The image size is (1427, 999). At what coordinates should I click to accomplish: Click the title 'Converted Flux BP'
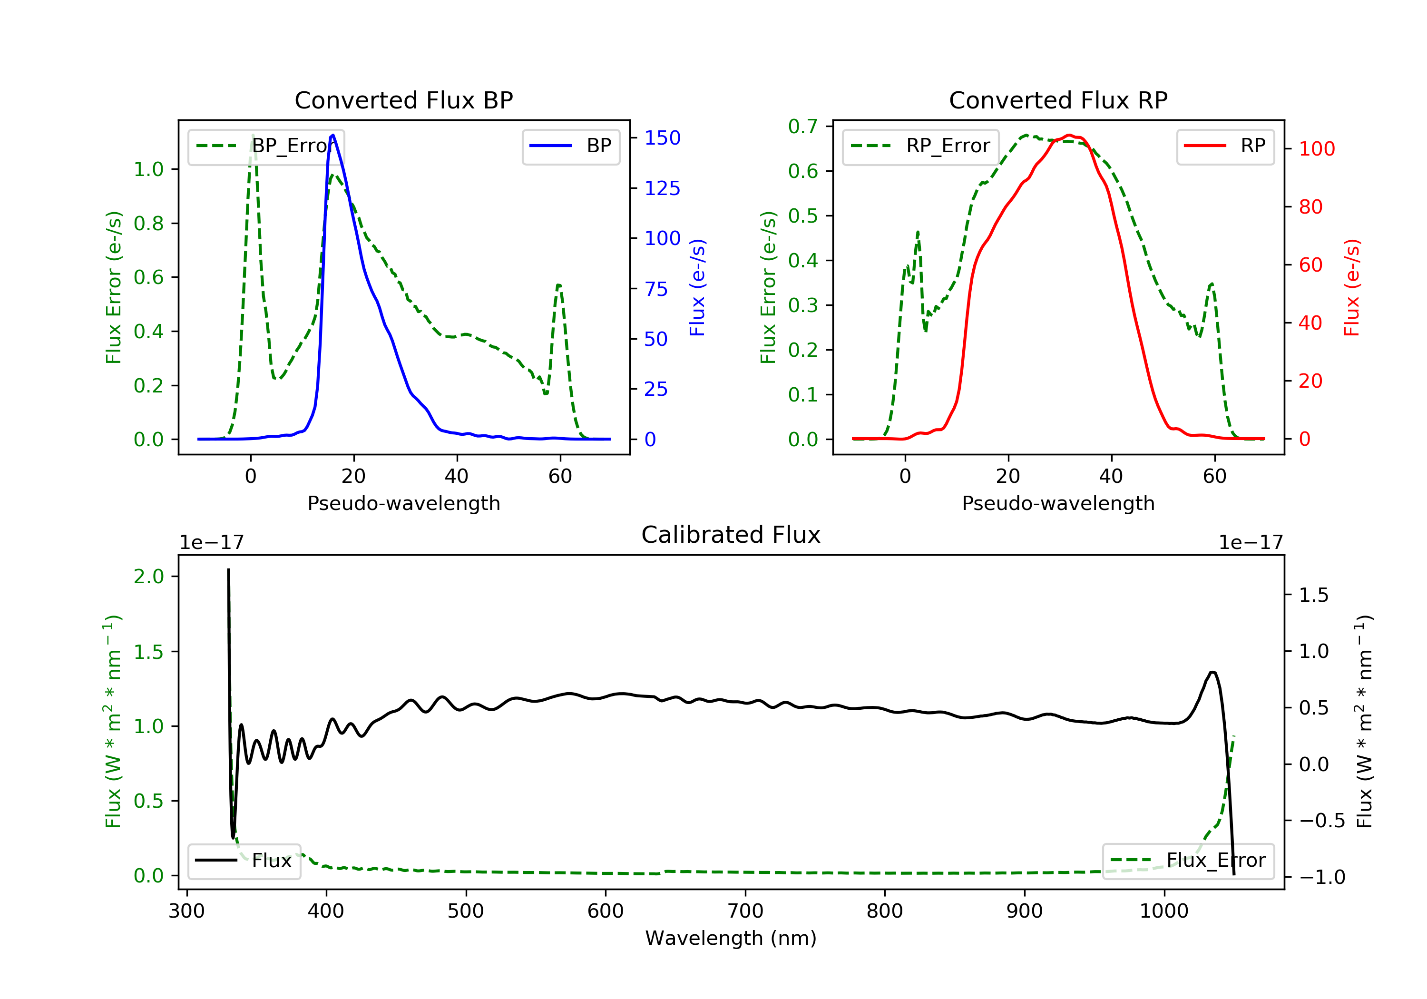click(403, 100)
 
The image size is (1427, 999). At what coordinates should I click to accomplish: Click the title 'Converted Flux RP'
click(1058, 100)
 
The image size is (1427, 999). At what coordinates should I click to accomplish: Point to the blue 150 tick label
click(662, 138)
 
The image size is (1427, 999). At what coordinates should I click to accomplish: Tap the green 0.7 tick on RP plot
click(802, 126)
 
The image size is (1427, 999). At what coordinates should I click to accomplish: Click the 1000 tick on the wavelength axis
click(1163, 911)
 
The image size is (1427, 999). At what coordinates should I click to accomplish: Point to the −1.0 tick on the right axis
click(1321, 877)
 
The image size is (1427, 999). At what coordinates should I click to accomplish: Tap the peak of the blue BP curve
click(333, 135)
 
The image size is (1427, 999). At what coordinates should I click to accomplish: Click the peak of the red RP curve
click(1068, 135)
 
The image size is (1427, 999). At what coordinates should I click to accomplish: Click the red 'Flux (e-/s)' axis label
click(1351, 287)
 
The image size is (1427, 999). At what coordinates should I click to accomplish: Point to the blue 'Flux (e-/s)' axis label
click(697, 287)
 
